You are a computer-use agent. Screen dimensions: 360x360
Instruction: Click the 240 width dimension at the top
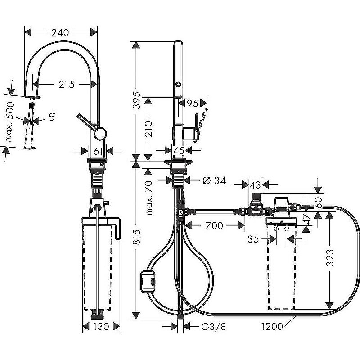tap(60, 32)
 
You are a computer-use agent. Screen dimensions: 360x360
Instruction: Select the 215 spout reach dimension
tap(65, 84)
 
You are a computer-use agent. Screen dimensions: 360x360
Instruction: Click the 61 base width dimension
tap(99, 150)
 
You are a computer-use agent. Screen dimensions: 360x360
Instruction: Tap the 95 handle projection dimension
tap(192, 103)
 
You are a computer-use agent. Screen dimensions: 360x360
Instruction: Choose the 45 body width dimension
tap(179, 150)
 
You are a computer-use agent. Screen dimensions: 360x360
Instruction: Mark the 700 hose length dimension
tap(214, 225)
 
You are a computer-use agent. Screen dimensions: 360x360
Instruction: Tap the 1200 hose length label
tap(272, 327)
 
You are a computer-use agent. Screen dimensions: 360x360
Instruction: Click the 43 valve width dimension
tap(255, 184)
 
